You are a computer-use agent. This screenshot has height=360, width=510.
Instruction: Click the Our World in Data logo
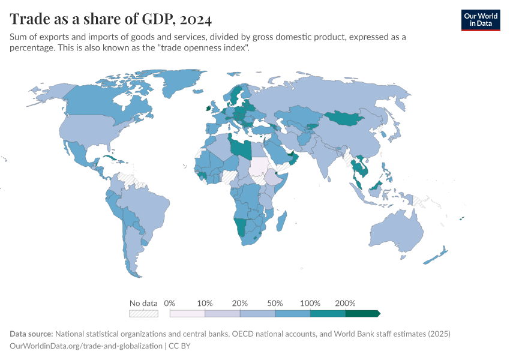pyautogui.click(x=480, y=20)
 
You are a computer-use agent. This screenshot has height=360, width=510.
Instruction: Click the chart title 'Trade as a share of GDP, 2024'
pyautogui.click(x=110, y=19)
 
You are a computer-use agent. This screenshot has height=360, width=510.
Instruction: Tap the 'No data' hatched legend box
pyautogui.click(x=143, y=313)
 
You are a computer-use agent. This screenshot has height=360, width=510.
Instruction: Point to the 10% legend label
pyautogui.click(x=205, y=303)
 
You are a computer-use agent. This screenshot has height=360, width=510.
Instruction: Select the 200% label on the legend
pyautogui.click(x=346, y=303)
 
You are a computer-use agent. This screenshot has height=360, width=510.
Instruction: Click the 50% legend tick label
pyautogui.click(x=275, y=303)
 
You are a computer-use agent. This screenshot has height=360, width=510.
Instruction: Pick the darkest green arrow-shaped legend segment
pyautogui.click(x=362, y=313)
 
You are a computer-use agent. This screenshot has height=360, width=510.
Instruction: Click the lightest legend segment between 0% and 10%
pyautogui.click(x=187, y=313)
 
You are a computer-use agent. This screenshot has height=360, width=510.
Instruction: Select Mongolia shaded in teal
pyautogui.click(x=346, y=118)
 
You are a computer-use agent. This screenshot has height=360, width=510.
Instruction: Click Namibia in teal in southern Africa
pyautogui.click(x=241, y=226)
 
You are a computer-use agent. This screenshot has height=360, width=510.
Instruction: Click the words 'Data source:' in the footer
pyautogui.click(x=32, y=334)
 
